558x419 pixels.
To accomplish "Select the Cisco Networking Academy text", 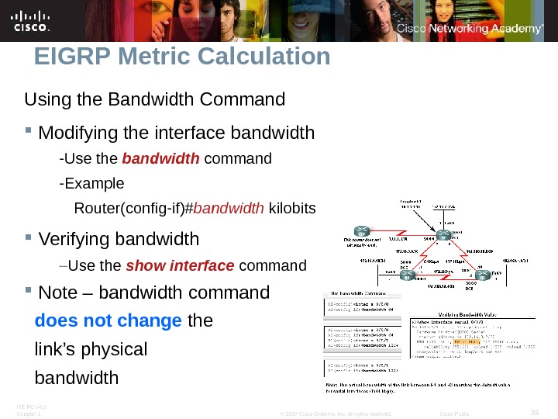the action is point(470,29).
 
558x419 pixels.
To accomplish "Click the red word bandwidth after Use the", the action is point(161,159).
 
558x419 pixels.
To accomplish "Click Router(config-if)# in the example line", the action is point(133,209).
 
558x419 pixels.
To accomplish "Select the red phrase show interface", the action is point(180,266).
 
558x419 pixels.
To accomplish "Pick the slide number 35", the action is point(533,410).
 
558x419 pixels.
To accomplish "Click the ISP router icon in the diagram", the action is point(361,231).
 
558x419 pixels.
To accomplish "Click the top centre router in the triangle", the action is point(443,235).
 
